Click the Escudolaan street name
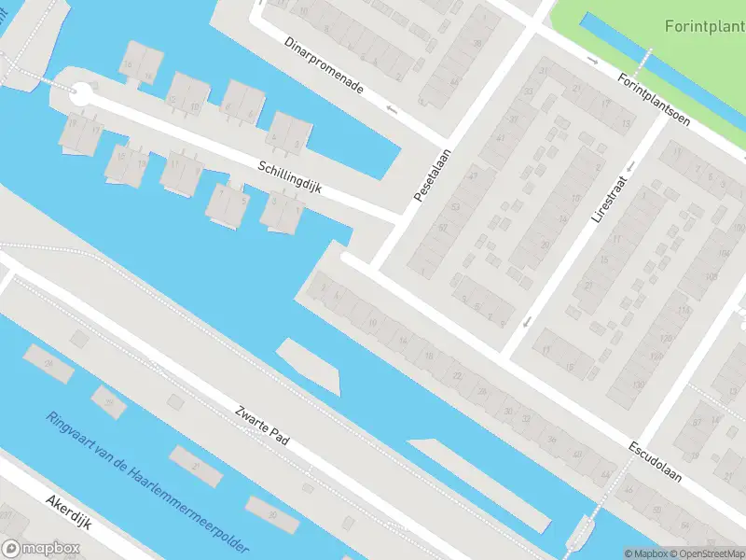point(655,461)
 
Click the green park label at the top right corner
point(704,26)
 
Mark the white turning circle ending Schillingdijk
point(81,93)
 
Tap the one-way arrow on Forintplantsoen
point(593,61)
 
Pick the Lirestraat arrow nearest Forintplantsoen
point(630,166)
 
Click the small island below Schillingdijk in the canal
point(308,366)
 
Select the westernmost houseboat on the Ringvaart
point(48,363)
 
